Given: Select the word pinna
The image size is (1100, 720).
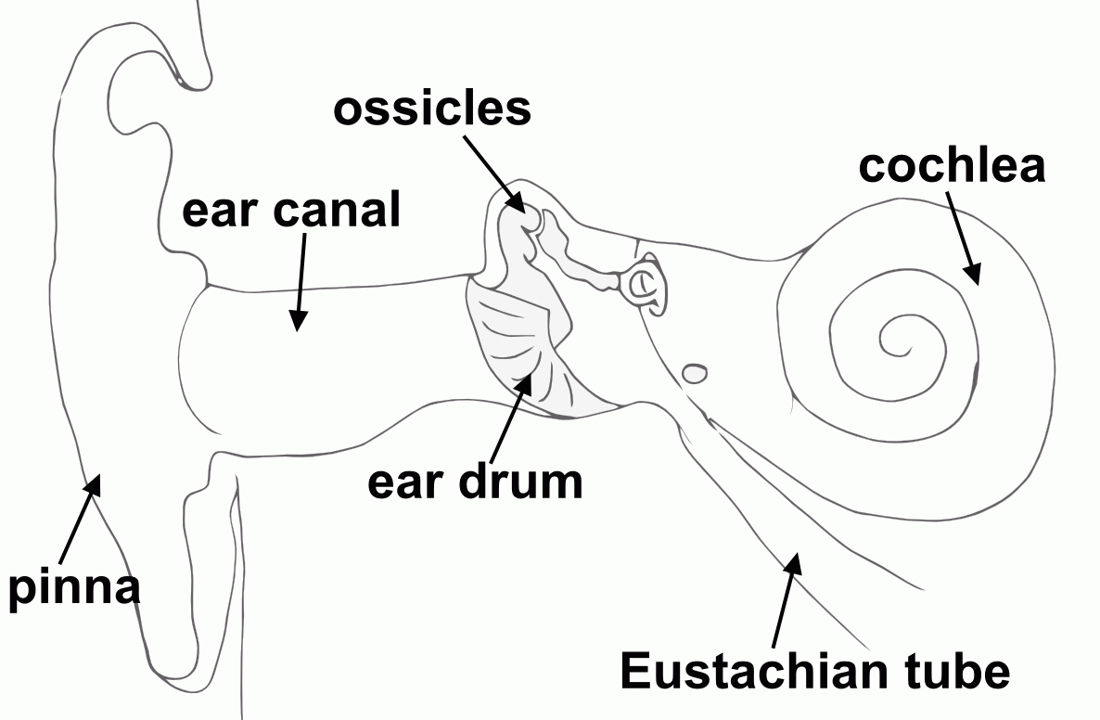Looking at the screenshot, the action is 74,588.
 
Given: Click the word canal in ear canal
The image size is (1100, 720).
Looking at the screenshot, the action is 337,210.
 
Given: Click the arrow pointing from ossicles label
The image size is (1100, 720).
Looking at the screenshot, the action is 495,174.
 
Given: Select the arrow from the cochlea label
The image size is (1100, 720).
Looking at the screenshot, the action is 963,238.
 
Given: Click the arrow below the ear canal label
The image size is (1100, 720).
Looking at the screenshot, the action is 301,282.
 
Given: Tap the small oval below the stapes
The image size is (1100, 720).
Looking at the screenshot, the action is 696,373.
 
